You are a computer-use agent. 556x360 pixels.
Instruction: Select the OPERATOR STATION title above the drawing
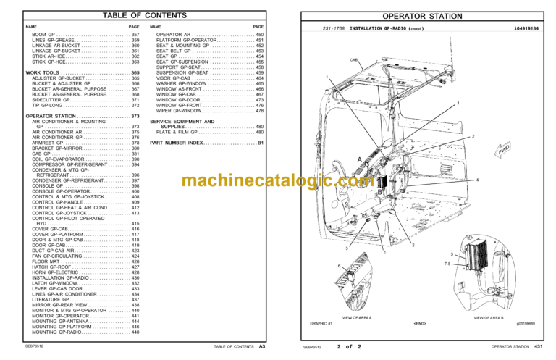click(x=422, y=15)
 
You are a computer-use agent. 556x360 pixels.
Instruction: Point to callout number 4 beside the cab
click(x=478, y=179)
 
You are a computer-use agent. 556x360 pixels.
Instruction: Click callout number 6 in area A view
click(x=340, y=267)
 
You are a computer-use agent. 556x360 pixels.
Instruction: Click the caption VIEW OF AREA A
click(x=358, y=318)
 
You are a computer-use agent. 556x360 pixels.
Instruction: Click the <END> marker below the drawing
click(x=421, y=323)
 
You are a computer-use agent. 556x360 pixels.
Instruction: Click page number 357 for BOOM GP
click(x=135, y=35)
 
